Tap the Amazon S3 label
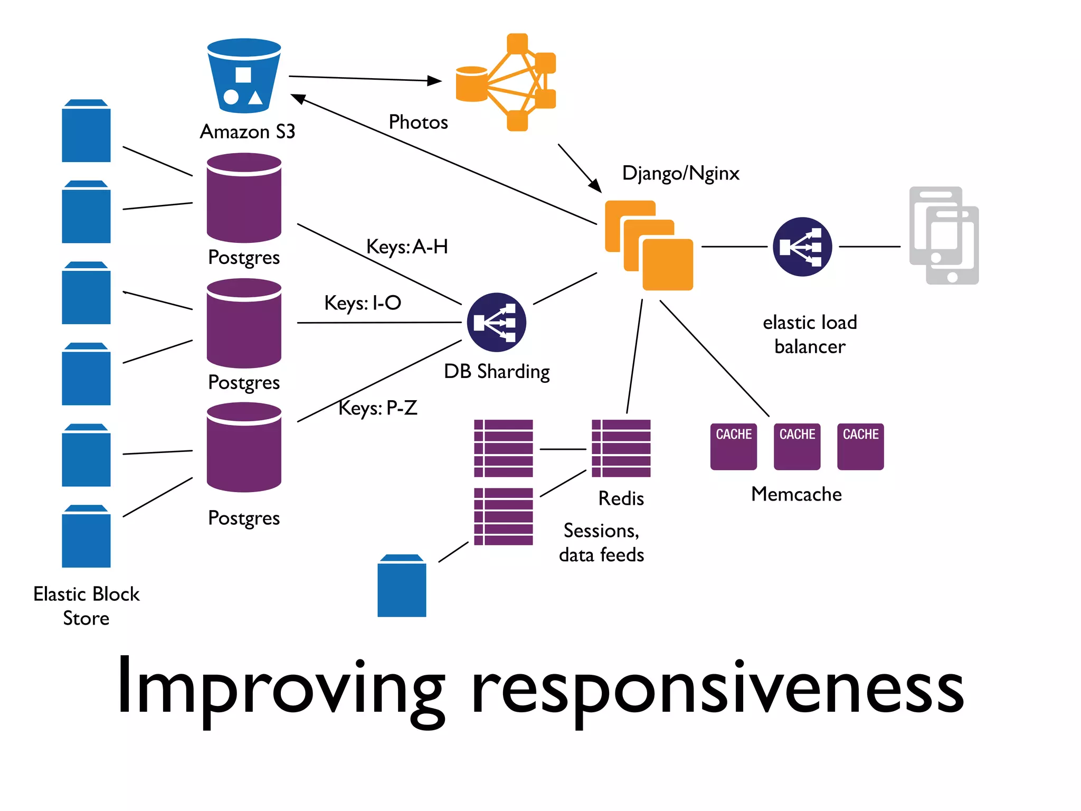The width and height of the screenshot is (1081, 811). click(x=248, y=131)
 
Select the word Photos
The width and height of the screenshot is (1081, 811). click(x=418, y=122)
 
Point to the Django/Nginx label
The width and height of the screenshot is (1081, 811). click(x=680, y=173)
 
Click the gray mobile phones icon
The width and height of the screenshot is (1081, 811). click(x=944, y=235)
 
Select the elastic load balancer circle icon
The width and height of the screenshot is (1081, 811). click(x=802, y=247)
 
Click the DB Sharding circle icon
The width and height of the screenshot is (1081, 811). click(x=496, y=322)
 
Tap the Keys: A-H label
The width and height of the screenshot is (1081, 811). click(x=407, y=247)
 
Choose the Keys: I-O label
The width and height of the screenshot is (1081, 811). click(x=363, y=303)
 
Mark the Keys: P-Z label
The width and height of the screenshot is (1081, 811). click(x=378, y=408)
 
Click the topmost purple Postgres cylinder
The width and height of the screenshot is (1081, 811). click(x=244, y=198)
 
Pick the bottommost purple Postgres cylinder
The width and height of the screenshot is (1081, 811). click(x=244, y=447)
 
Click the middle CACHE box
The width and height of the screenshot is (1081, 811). click(x=797, y=447)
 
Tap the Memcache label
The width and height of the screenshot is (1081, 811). click(x=796, y=494)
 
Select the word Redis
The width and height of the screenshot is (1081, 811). click(x=621, y=498)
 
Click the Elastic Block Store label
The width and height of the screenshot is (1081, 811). click(x=87, y=606)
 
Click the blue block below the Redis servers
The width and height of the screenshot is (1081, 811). click(x=402, y=586)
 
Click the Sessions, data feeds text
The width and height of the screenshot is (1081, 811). click(x=601, y=542)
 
